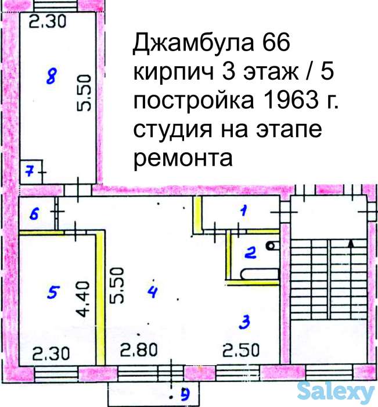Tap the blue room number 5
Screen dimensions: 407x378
tap(53, 293)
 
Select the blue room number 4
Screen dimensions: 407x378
tap(152, 292)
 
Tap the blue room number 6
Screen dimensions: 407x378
tap(34, 213)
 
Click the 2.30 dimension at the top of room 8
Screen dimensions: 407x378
tap(48, 22)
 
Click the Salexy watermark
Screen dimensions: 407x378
tap(337, 394)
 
